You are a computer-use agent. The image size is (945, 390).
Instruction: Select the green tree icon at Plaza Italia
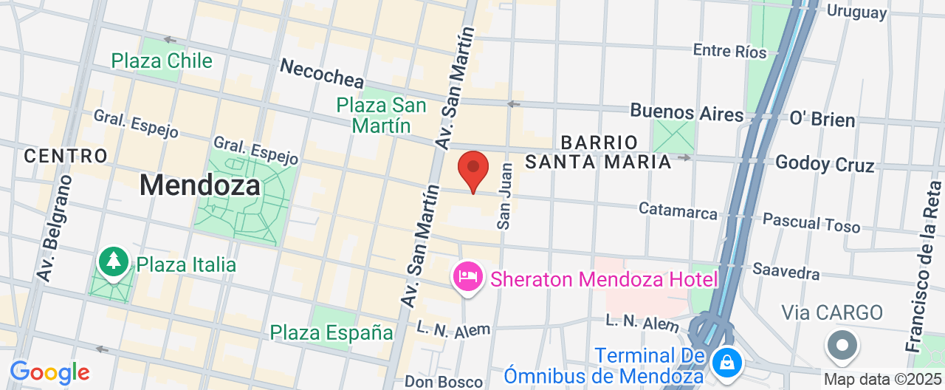pyautogui.click(x=114, y=261)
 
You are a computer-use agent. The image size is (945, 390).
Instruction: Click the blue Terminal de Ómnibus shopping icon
pyautogui.click(x=727, y=362)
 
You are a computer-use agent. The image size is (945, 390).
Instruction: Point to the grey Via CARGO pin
pyautogui.click(x=842, y=345)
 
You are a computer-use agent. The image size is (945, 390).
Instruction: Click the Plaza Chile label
pyautogui.click(x=162, y=61)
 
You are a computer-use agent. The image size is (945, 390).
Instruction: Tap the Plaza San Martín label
pyautogui.click(x=381, y=115)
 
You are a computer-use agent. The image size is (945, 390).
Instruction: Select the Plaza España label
pyautogui.click(x=331, y=332)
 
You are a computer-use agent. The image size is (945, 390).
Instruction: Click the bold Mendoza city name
pyautogui.click(x=199, y=185)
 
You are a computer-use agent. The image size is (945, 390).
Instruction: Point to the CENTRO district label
pyautogui.click(x=66, y=156)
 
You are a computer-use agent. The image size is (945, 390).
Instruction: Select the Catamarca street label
pyautogui.click(x=678, y=211)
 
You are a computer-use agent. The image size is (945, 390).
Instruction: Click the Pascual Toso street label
pyautogui.click(x=811, y=222)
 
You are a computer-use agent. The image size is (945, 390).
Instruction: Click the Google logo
pyautogui.click(x=49, y=372)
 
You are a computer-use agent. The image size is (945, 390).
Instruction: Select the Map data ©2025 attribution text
pyautogui.click(x=883, y=380)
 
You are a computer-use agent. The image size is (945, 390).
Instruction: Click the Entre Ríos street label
pyautogui.click(x=729, y=51)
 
